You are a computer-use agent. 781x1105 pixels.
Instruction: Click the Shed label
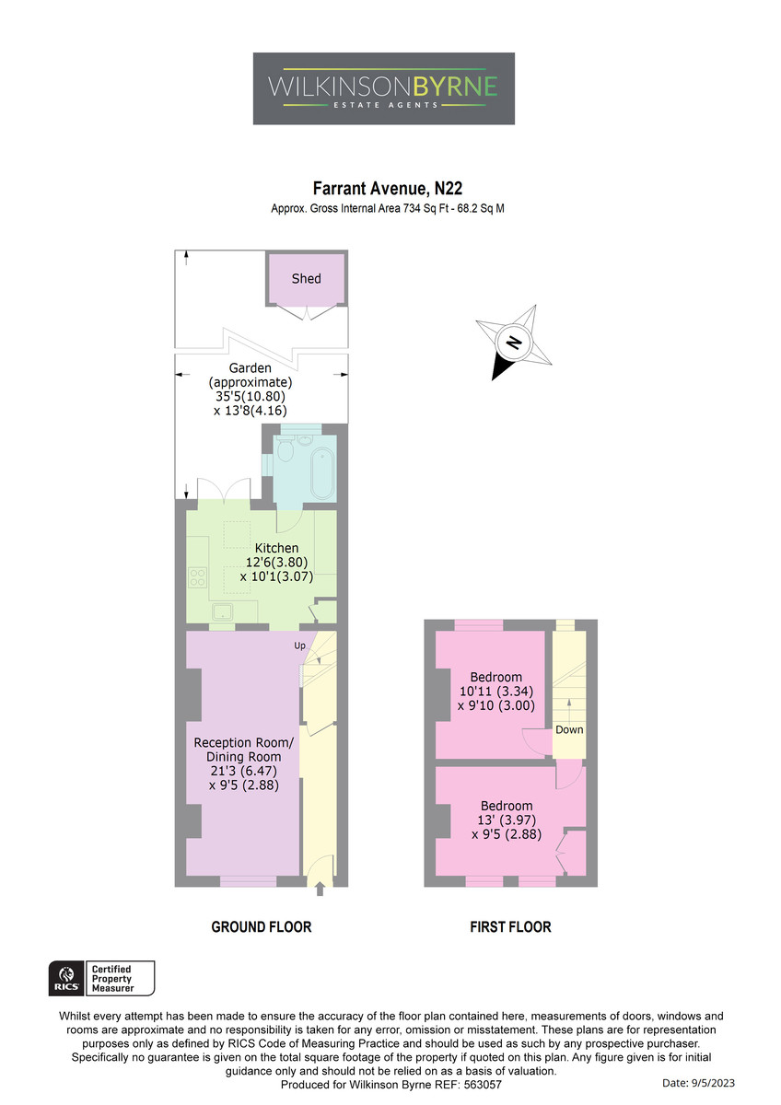306,279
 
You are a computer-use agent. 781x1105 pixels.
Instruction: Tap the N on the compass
514,342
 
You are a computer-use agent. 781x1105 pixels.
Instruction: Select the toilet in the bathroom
286,449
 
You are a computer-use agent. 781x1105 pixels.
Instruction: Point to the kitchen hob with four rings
197,577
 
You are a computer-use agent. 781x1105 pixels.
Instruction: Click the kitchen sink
223,611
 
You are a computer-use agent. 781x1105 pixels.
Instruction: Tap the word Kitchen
276,548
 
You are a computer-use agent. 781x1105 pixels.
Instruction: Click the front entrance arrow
320,889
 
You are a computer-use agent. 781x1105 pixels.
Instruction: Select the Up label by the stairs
299,646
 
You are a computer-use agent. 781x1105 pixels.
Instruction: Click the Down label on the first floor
569,729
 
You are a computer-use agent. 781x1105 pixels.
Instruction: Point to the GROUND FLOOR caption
261,927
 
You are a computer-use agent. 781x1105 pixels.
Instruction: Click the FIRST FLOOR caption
510,927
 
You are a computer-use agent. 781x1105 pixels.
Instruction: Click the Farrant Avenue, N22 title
388,189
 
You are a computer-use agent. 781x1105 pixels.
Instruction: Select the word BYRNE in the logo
454,87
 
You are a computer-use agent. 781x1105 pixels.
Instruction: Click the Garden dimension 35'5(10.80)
251,396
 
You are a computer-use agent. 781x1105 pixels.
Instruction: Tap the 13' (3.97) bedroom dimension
507,820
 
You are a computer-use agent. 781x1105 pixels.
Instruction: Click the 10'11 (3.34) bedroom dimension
495,692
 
